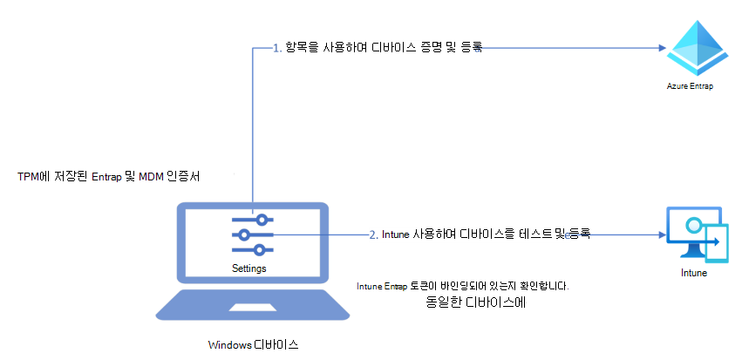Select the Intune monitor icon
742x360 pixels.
click(694, 234)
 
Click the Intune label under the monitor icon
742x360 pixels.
click(694, 272)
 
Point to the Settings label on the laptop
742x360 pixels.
click(249, 268)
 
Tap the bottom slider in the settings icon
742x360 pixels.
click(253, 250)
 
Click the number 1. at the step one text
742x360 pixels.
click(277, 49)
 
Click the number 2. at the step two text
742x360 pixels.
click(373, 234)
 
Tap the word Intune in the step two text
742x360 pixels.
click(397, 234)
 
